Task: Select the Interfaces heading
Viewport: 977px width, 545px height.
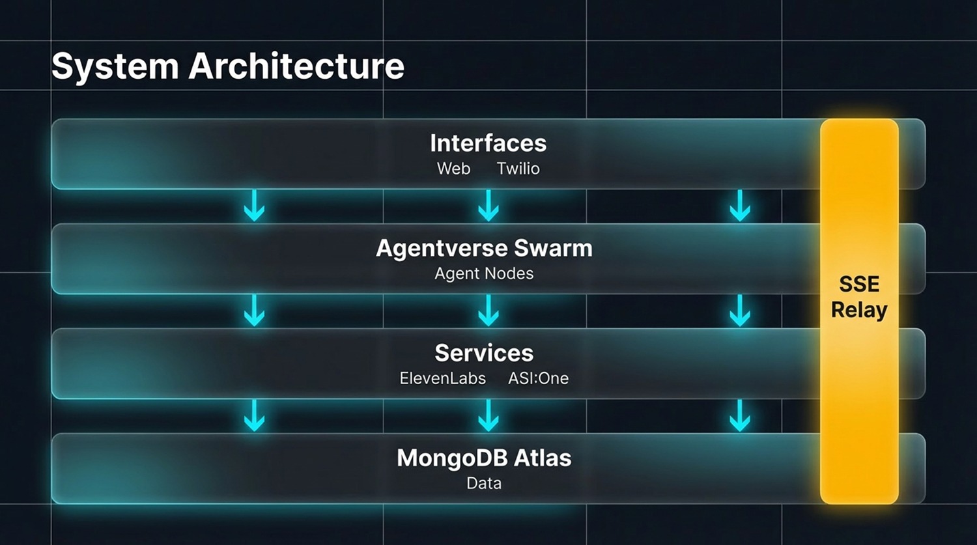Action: coord(488,143)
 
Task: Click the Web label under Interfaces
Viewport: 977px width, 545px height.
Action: coord(453,169)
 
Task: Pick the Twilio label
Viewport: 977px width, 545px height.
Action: coord(518,169)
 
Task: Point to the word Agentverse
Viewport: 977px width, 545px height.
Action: coord(442,249)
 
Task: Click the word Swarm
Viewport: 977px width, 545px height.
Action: coord(553,248)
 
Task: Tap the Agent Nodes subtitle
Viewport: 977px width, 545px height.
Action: coord(484,273)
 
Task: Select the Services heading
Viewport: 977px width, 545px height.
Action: coord(484,353)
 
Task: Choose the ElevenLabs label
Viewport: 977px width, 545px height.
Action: coord(443,378)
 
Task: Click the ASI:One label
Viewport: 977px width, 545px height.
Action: coord(538,378)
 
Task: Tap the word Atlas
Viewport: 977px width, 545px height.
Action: coord(543,458)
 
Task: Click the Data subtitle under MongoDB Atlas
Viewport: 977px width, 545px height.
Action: coord(484,483)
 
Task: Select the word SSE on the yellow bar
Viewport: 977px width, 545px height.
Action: coord(859,284)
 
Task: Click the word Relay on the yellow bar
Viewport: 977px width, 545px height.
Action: coord(859,310)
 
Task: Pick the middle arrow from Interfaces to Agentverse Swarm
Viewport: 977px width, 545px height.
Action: coord(488,205)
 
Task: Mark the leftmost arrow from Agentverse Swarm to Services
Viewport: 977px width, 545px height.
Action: coord(254,310)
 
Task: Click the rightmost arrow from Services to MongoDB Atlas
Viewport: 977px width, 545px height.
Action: coord(740,415)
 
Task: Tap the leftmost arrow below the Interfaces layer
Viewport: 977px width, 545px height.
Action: coord(254,205)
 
